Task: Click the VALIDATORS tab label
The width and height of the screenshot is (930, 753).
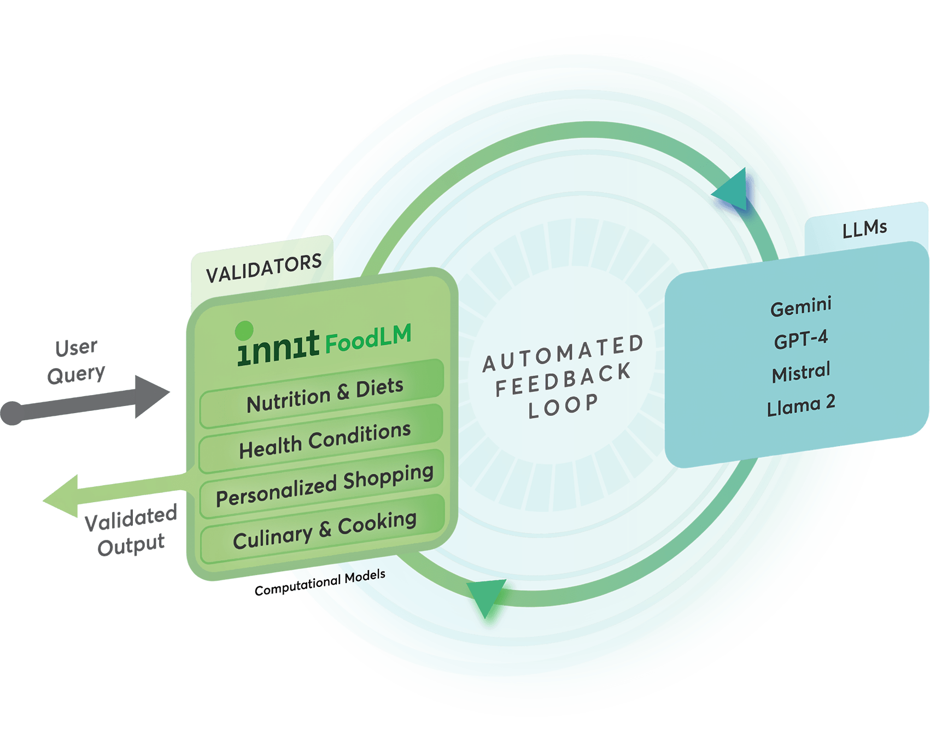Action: click(x=264, y=268)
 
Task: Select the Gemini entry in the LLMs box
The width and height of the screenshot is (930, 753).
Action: click(x=801, y=307)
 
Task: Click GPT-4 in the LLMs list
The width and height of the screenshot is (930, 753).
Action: click(x=801, y=339)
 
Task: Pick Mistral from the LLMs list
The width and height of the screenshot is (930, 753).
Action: click(x=801, y=373)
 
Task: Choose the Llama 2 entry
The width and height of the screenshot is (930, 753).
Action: click(x=801, y=406)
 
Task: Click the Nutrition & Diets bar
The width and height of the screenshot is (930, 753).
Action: click(x=324, y=395)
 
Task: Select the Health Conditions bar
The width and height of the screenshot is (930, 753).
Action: click(x=324, y=440)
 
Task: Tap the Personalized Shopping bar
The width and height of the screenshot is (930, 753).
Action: click(x=324, y=485)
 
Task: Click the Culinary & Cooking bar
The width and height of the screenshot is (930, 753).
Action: click(x=324, y=530)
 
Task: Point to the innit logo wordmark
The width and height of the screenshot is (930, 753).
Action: click(x=278, y=348)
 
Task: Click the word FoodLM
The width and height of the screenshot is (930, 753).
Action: click(x=368, y=338)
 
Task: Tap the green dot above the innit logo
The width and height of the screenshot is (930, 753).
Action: click(x=244, y=330)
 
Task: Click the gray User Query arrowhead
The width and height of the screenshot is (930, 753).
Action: click(x=150, y=396)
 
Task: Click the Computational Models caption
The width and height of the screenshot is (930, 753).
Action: click(x=320, y=583)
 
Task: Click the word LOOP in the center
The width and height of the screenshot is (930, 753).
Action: click(x=563, y=407)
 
